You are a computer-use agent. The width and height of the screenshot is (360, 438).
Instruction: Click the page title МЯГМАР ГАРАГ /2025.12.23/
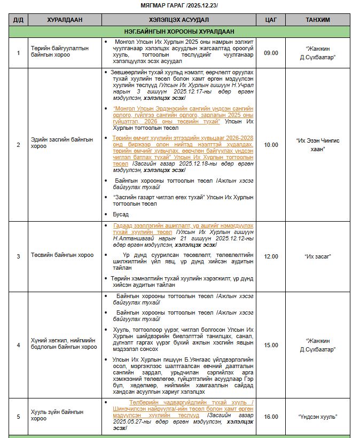(x=179, y=5)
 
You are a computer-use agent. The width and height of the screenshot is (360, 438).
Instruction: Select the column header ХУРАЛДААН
(x=64, y=20)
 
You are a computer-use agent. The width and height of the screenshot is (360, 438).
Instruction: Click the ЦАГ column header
(x=271, y=20)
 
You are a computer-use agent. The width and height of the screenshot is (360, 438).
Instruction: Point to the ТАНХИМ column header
(x=317, y=20)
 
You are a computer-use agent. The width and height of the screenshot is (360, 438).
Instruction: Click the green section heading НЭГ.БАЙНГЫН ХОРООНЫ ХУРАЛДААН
(x=179, y=31)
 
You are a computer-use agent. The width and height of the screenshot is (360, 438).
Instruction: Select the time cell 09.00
(x=271, y=53)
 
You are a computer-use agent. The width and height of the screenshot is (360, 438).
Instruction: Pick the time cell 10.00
(x=271, y=145)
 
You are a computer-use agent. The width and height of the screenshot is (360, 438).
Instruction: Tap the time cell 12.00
(x=271, y=256)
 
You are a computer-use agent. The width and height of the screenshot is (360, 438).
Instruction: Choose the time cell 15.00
(x=271, y=345)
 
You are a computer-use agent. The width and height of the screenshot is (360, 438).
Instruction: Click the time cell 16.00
(x=271, y=416)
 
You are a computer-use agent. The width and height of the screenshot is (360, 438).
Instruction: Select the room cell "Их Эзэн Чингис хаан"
(x=317, y=145)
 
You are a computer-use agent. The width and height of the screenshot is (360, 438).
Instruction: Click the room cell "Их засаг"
(x=317, y=256)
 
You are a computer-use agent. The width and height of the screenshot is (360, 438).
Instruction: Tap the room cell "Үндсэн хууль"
(x=317, y=416)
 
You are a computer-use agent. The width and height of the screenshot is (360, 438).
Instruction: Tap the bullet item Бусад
(x=121, y=214)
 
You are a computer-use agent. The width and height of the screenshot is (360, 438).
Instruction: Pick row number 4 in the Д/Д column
(x=18, y=345)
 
